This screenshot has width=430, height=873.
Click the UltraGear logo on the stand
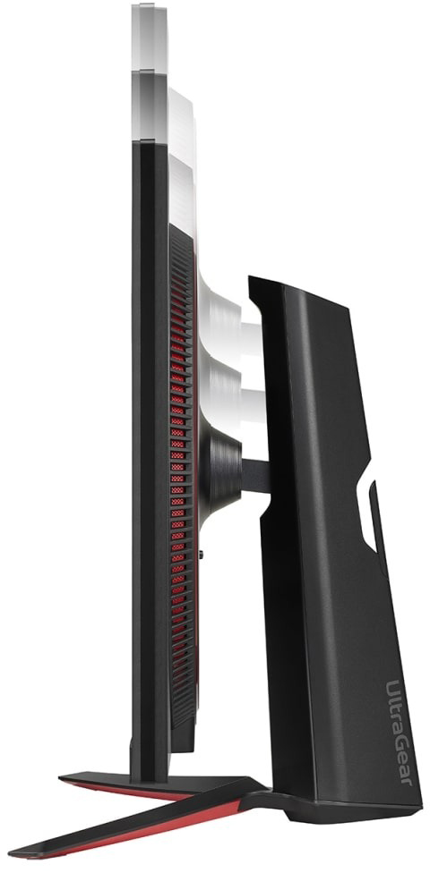coord(399,732)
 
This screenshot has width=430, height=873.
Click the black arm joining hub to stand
coord(255,476)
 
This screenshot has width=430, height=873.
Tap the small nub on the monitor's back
coord(201,554)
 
